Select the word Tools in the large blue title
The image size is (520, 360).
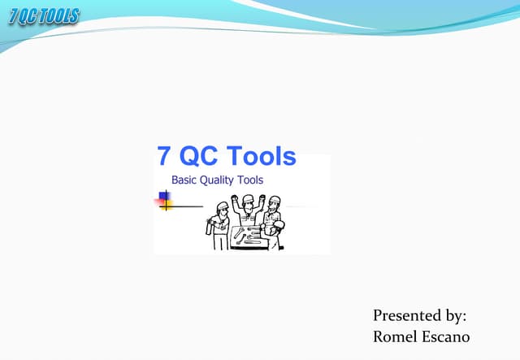pos(261,157)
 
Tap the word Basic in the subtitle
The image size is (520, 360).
pos(185,180)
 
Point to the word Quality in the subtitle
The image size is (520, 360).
pos(221,180)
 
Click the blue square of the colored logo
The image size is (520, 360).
pos(162,197)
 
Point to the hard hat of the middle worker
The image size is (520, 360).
pos(245,198)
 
